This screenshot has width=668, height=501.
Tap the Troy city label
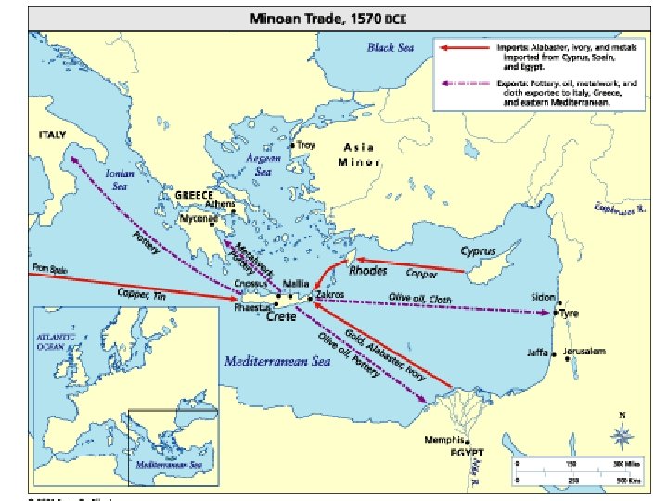tap(305, 145)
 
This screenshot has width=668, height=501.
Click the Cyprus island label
tap(478, 251)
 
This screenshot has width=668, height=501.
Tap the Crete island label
tap(281, 316)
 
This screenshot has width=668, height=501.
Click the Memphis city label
tap(442, 439)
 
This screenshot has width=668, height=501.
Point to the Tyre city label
tap(570, 314)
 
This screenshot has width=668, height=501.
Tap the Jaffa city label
tap(538, 353)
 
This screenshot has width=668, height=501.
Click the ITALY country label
tap(52, 135)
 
